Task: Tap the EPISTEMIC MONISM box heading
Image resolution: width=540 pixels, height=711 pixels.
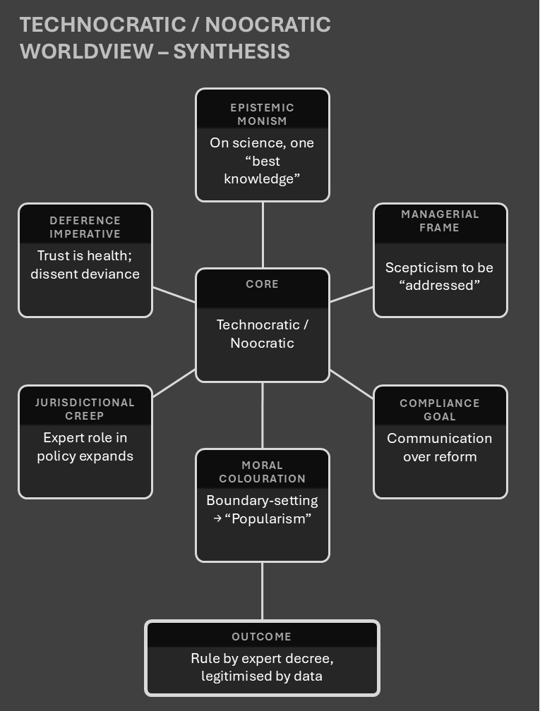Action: tap(262, 114)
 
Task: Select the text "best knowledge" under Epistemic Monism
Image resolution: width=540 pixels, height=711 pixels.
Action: tap(262, 170)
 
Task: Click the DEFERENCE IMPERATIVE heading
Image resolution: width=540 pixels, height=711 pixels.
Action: tap(85, 227)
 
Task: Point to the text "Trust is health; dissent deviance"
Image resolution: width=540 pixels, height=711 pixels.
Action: tap(85, 265)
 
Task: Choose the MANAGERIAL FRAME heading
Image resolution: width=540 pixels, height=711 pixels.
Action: tap(440, 221)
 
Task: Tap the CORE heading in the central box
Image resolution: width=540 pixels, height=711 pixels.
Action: tap(262, 284)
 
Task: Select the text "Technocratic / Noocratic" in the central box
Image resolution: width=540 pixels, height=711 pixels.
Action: tap(262, 334)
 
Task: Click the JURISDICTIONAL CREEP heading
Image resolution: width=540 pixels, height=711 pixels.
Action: tap(85, 409)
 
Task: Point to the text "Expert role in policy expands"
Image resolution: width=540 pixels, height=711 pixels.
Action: tap(85, 446)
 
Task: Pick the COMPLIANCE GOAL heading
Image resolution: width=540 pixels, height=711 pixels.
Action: tap(440, 410)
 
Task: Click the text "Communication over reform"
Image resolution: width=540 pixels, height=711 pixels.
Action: tap(440, 447)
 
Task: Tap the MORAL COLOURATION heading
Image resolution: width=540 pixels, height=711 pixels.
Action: tap(262, 472)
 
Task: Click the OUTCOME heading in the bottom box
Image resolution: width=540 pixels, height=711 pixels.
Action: tap(262, 637)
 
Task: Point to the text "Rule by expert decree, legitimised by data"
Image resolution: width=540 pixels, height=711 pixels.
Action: tap(262, 667)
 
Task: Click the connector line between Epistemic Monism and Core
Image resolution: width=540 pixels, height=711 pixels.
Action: tap(263, 235)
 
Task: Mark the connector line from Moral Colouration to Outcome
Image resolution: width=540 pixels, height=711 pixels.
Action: tap(263, 591)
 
